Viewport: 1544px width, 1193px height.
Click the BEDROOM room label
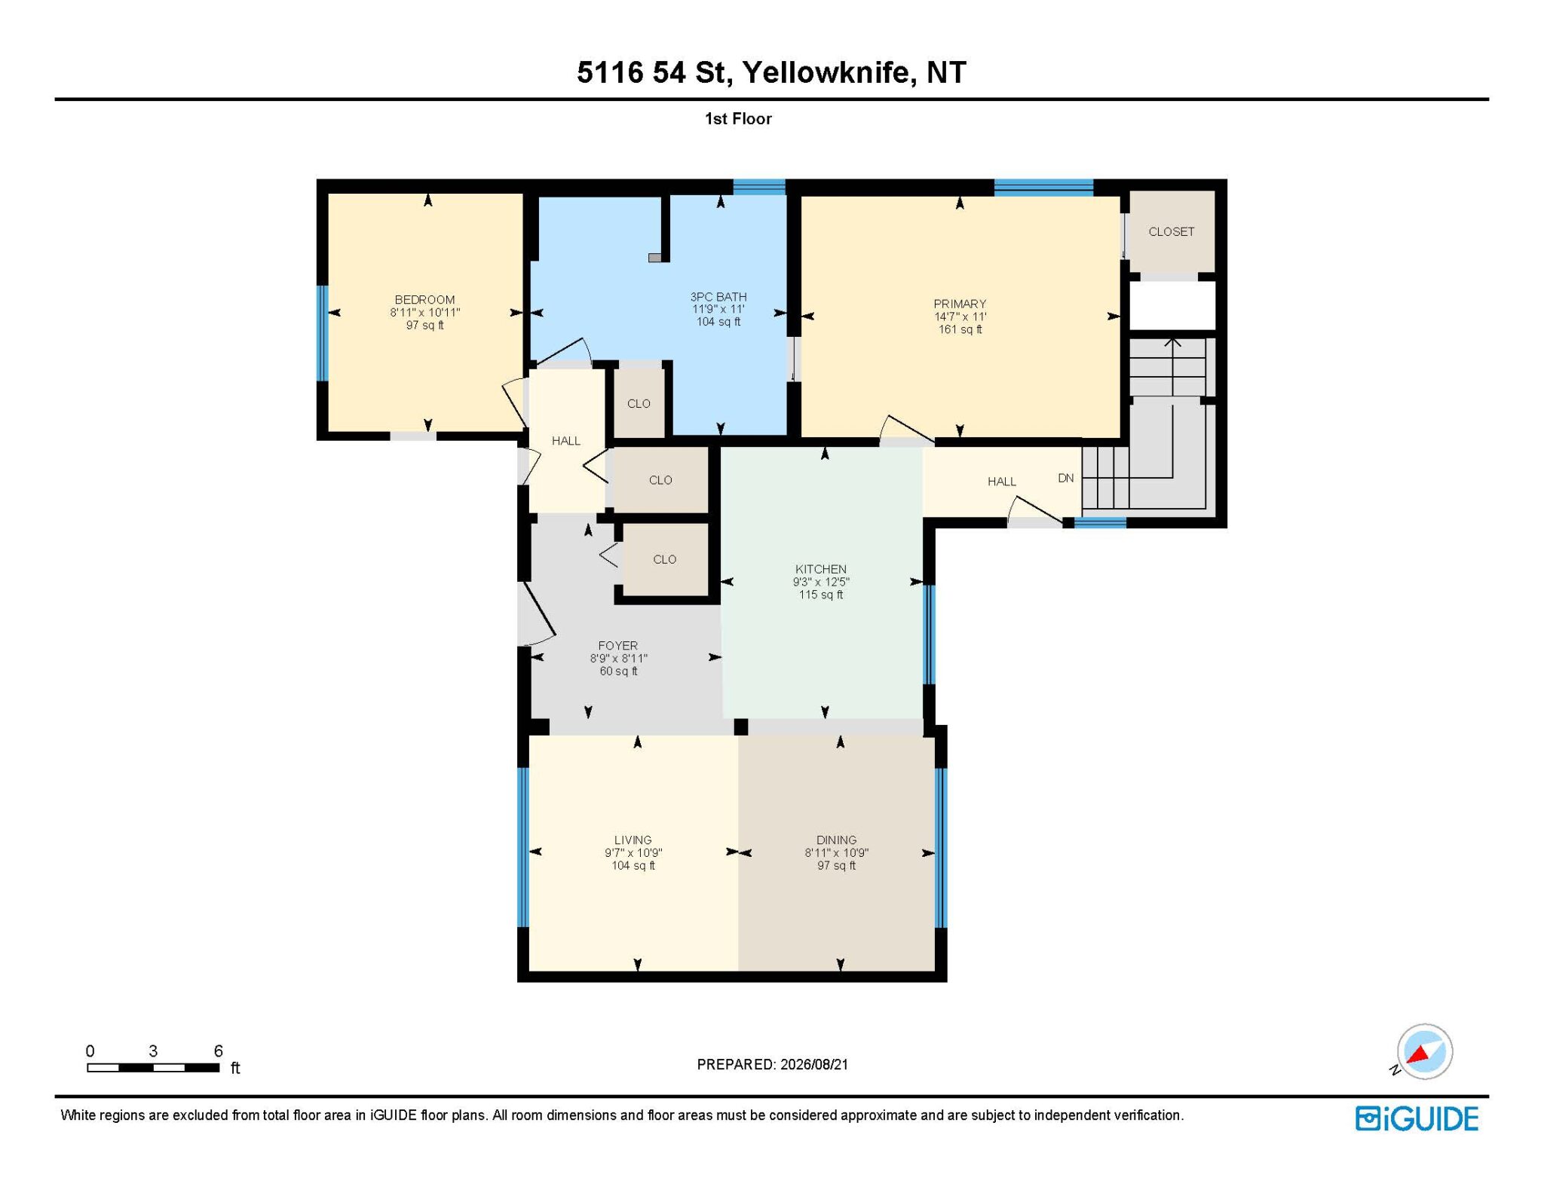[424, 300]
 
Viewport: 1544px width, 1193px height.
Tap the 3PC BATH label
[718, 297]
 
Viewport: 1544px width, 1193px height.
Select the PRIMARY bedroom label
[960, 304]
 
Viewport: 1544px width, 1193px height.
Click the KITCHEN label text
[821, 569]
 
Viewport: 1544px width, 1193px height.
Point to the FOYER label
[618, 646]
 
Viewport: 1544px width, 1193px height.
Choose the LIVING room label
[633, 840]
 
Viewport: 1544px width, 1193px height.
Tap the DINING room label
[836, 840]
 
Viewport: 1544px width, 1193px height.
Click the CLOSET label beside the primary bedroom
[1171, 231]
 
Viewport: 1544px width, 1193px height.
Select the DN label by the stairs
[1066, 478]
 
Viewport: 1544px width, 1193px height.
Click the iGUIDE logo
[1417, 1118]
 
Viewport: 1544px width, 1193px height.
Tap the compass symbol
[1424, 1052]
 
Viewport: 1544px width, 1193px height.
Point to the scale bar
[153, 1067]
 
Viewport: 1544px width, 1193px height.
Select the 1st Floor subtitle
[738, 119]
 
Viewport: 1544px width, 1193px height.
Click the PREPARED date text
[773, 1064]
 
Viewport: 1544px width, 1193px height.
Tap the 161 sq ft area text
[960, 329]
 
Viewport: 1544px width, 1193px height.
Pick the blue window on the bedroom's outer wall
[323, 333]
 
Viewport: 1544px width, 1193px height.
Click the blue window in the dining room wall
[940, 847]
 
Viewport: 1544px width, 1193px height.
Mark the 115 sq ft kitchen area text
[821, 595]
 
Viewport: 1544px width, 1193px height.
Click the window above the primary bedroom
[1043, 188]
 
